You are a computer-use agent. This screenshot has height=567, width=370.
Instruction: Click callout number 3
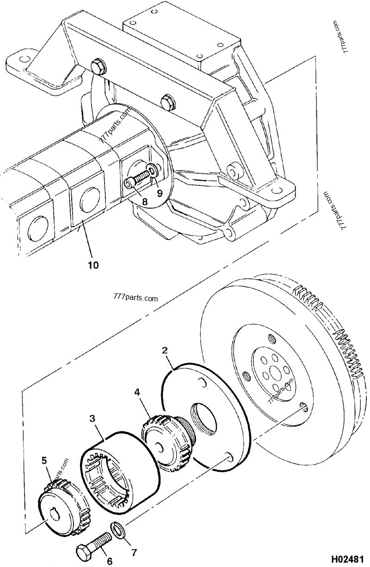pos(92,419)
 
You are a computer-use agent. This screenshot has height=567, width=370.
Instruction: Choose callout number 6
pos(110,561)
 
